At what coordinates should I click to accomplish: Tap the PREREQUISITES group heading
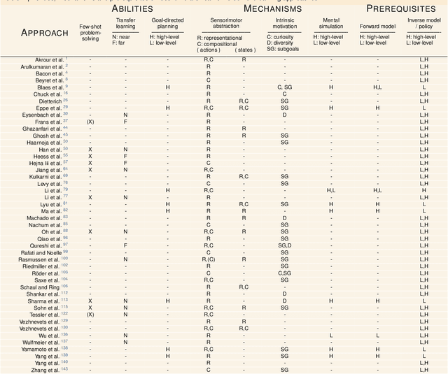(401, 9)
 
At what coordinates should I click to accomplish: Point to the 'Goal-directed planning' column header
(167, 24)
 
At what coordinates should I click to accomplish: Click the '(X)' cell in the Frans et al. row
(90, 122)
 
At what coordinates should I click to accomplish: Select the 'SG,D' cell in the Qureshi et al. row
(284, 245)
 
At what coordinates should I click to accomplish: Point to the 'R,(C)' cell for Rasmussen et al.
(209, 259)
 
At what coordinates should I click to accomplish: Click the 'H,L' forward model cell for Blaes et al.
(377, 87)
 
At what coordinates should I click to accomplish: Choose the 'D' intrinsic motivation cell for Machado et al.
(284, 218)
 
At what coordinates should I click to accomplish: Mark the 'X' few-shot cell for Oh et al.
(90, 231)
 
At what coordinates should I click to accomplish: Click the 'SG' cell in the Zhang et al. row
(284, 369)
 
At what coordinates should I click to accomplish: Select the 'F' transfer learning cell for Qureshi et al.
(125, 245)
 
